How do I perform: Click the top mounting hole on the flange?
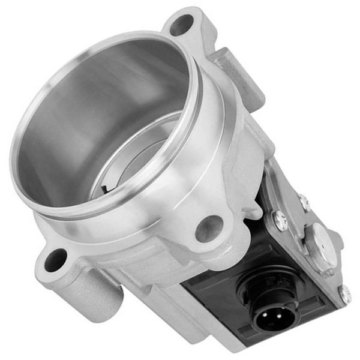pyautogui.click(x=181, y=25)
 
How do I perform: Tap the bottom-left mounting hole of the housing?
pyautogui.click(x=55, y=260)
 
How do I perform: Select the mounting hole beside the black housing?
pyautogui.click(x=209, y=228)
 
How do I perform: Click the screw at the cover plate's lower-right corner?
pyautogui.click(x=344, y=293)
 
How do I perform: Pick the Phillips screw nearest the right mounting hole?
pyautogui.click(x=280, y=221)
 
